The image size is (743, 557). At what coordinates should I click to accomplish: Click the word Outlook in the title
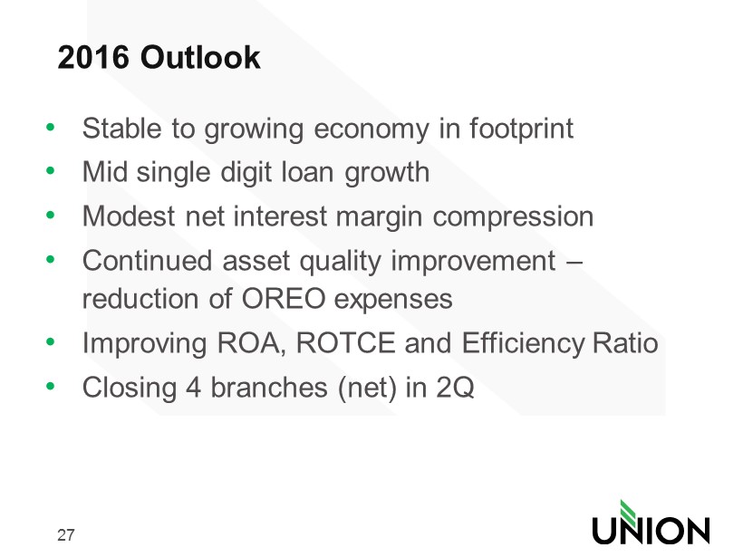200,57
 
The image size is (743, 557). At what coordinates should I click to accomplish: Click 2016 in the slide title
93,57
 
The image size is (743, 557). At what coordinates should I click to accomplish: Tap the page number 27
66,534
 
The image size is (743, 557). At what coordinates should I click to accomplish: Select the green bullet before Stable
50,127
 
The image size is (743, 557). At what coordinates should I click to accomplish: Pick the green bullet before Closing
50,386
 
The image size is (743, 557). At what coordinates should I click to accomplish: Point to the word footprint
521,129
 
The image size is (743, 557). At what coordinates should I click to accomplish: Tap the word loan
308,171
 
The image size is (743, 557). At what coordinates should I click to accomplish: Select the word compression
513,218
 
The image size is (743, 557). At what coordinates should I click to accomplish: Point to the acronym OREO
284,299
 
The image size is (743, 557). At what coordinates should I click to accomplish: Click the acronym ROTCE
345,343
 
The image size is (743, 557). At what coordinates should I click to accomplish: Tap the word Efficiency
523,344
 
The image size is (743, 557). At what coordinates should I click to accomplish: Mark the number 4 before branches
193,388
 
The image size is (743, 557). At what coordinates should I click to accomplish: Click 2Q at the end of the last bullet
455,388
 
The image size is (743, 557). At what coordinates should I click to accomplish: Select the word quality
340,263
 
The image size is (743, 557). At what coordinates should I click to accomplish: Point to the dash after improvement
574,262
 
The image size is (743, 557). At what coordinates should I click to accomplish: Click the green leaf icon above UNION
628,512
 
